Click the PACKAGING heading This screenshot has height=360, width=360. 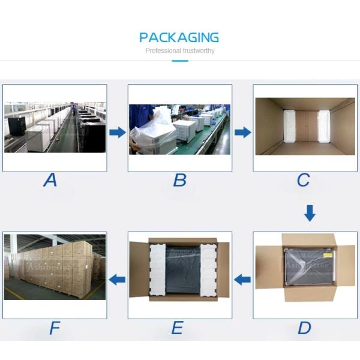coord(179,38)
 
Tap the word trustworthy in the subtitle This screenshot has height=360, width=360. coord(196,51)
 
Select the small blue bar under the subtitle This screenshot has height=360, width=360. coord(179,61)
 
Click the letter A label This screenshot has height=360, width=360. coord(50,179)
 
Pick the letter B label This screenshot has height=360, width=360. coord(179,179)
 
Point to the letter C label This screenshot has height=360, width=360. coord(304,179)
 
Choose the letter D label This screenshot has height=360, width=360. coord(305,328)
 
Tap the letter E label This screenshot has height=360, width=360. coord(177,328)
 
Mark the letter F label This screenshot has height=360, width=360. coord(55,328)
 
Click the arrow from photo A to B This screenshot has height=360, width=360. coord(117,132)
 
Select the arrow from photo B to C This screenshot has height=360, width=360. coord(242,132)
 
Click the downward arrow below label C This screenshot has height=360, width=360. coord(309,212)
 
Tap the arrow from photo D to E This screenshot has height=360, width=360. coord(242,279)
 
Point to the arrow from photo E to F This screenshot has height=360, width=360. coord(117,279)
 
